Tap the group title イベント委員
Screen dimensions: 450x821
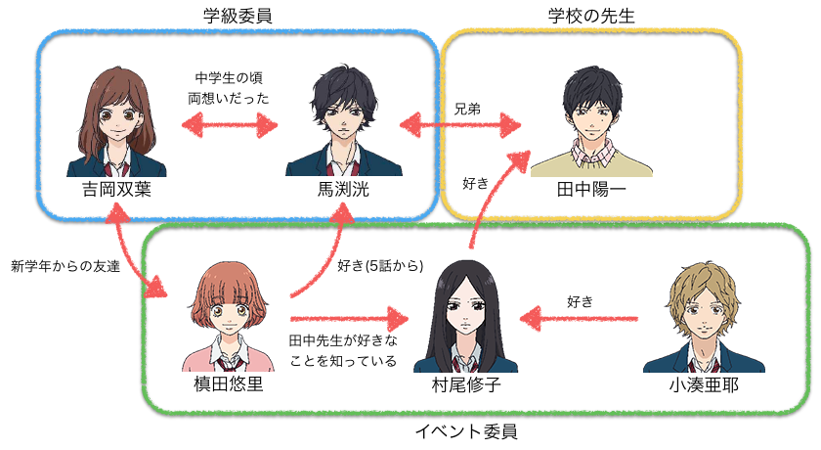pyautogui.click(x=466, y=430)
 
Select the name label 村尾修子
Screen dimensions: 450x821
pyautogui.click(x=466, y=384)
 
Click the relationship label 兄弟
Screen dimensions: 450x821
pyautogui.click(x=467, y=109)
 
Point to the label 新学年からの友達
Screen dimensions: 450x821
pyautogui.click(x=65, y=266)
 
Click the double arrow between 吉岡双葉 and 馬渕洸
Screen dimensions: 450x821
pyautogui.click(x=229, y=125)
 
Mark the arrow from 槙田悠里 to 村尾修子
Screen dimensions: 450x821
pyautogui.click(x=347, y=318)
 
